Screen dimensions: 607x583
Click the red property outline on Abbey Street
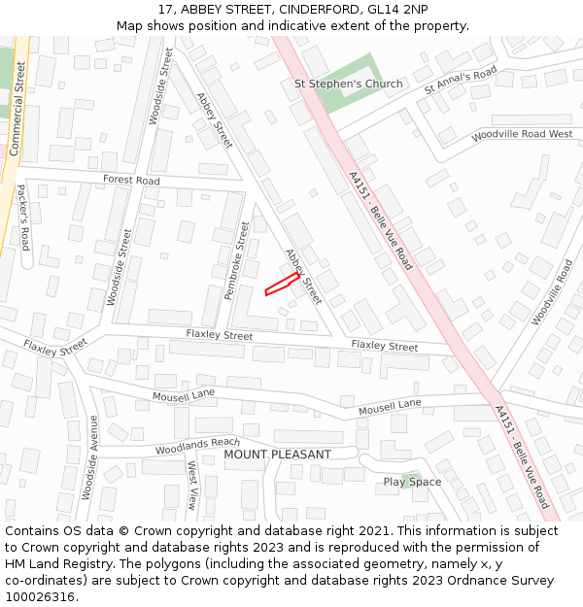pos(282,284)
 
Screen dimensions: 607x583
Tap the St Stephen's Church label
pos(348,84)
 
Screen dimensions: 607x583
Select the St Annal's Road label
pos(461,80)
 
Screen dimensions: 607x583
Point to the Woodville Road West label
pos(522,135)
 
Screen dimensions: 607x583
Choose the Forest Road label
pos(131,181)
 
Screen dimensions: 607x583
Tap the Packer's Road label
pos(22,218)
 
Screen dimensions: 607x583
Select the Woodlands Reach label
pos(197,446)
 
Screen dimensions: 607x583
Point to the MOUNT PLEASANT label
pos(277,455)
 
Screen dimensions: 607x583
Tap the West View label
pos(192,486)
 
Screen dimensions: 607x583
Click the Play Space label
pos(412,482)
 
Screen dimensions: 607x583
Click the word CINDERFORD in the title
pos(322,9)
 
